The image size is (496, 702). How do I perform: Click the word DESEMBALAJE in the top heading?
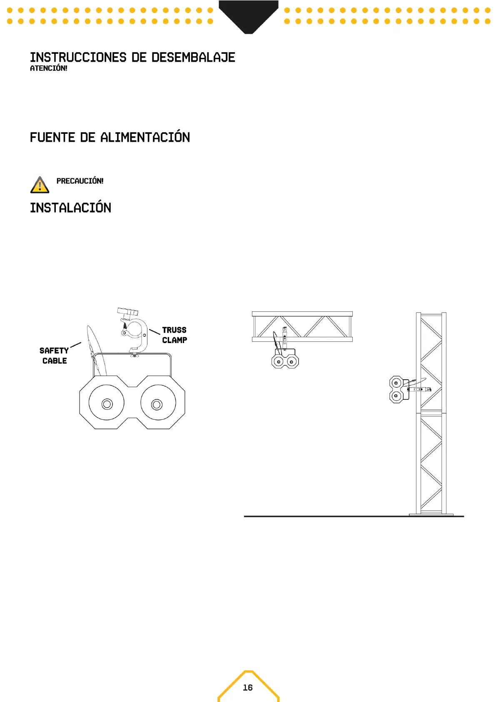point(193,58)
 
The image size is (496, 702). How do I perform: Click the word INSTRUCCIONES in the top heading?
point(78,58)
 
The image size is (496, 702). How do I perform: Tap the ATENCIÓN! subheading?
point(48,68)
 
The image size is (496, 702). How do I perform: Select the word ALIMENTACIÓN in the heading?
point(145,137)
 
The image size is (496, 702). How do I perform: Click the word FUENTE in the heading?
point(52,137)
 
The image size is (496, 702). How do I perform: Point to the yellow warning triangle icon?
point(40,185)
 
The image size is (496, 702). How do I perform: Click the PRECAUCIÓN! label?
point(80,181)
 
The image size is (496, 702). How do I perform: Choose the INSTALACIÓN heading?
point(70,208)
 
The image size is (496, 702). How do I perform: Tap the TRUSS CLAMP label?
point(174,335)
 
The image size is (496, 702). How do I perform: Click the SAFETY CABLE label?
point(54,356)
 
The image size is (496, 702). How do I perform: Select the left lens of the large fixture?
point(107,404)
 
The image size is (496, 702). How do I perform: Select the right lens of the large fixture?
point(157,404)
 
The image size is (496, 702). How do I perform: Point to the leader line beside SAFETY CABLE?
point(76,345)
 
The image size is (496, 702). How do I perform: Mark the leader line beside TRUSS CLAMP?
point(155,331)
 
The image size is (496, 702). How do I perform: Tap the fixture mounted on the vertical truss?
point(397,389)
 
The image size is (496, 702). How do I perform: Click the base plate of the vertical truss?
point(431,514)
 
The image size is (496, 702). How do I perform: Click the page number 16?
point(248,687)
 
